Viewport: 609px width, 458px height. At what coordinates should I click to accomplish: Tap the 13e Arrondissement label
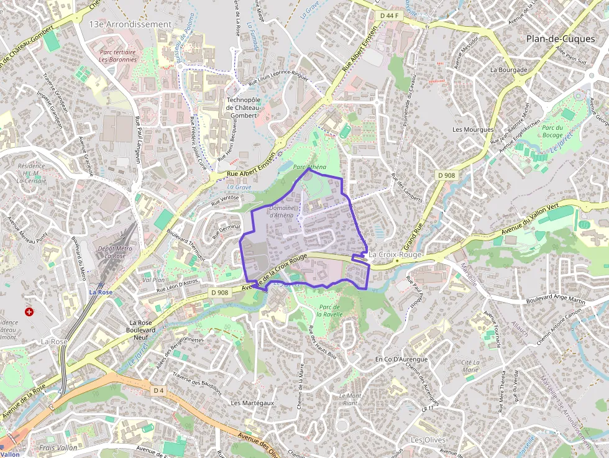(x=130, y=24)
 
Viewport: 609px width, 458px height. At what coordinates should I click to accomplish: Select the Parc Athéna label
(x=309, y=167)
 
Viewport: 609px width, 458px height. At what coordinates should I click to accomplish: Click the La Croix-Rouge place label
(x=395, y=255)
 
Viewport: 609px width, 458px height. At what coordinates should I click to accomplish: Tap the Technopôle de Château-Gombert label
(x=244, y=107)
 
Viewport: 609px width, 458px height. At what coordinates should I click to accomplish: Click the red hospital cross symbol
(x=29, y=311)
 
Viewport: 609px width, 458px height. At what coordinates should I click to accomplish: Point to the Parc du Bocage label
(x=552, y=132)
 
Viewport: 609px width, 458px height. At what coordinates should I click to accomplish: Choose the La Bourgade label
(x=508, y=70)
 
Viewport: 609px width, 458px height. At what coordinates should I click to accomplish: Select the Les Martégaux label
(x=252, y=403)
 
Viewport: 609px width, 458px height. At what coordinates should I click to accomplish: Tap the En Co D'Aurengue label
(x=401, y=359)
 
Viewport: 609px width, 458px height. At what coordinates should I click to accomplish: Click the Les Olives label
(x=428, y=440)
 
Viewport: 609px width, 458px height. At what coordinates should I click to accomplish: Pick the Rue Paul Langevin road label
(x=137, y=140)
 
